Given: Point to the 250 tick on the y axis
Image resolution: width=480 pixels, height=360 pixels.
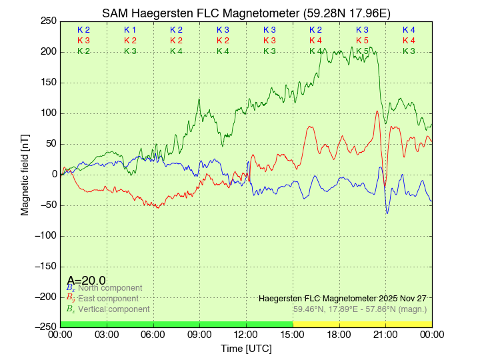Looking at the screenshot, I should [49, 21].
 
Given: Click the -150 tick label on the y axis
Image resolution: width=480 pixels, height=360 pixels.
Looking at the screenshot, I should [45, 266].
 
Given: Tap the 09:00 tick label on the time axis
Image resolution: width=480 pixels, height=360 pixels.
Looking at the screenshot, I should [199, 334].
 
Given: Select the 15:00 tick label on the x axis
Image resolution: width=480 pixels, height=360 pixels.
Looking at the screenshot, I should [293, 334].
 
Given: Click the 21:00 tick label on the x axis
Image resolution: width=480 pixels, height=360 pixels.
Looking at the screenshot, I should [385, 334].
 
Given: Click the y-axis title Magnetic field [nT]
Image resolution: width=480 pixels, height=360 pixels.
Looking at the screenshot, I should [25, 173].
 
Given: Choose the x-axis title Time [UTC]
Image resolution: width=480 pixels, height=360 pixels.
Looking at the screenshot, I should [246, 349].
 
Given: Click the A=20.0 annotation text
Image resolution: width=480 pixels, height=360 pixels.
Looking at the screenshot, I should [86, 281].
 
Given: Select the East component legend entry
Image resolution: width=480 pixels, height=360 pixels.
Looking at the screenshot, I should [107, 299].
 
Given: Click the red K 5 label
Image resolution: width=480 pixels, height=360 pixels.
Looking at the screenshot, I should [362, 41].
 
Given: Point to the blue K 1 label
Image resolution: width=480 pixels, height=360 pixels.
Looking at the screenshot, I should [130, 30].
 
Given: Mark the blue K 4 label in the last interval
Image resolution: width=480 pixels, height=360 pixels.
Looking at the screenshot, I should [409, 30].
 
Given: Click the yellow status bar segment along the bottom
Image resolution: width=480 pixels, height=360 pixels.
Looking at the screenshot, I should [362, 324].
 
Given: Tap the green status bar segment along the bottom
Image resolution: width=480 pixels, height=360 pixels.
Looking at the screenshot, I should [176, 324].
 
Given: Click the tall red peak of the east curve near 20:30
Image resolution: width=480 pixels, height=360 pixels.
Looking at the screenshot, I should [377, 111].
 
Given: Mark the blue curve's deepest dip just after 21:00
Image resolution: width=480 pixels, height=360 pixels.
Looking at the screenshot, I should [387, 213].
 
